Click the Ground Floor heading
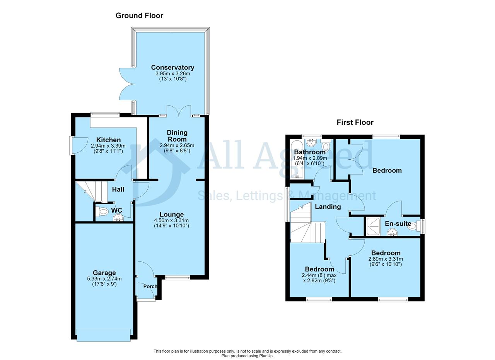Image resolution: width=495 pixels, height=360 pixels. point(139,16)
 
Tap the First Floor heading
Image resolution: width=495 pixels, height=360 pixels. point(355,123)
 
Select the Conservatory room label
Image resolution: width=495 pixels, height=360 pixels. point(172,67)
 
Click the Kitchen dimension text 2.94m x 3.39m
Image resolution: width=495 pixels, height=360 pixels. point(108,146)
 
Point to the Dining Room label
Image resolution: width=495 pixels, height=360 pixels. point(177,136)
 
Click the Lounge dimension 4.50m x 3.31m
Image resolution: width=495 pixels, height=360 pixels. point(171,220)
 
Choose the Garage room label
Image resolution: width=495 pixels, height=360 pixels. point(104,273)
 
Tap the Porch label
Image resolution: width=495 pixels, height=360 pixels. point(150,287)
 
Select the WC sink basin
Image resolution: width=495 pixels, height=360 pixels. point(118,218)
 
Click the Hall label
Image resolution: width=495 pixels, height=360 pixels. point(118,189)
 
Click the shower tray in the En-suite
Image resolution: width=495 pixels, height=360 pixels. point(373,227)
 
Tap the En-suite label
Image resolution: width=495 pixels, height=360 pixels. point(398,224)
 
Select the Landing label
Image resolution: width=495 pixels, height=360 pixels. point(328,207)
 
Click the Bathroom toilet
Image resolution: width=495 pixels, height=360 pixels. point(326,145)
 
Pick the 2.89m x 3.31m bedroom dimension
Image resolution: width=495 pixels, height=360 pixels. point(386,259)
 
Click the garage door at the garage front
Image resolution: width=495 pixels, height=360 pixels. point(103,338)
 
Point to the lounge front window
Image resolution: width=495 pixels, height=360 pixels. point(178,278)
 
